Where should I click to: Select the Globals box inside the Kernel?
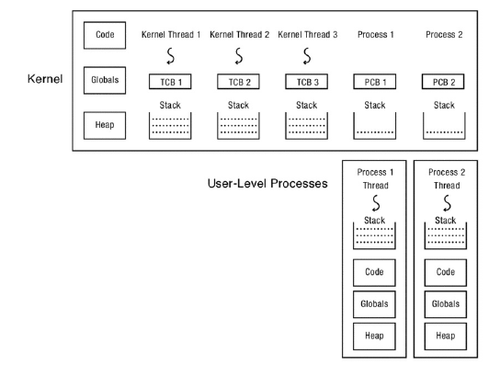pyautogui.click(x=102, y=80)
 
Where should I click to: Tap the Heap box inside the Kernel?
pyautogui.click(x=102, y=123)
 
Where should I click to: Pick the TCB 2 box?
pyautogui.click(x=235, y=82)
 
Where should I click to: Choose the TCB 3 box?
pyautogui.click(x=305, y=82)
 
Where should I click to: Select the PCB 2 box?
pyautogui.click(x=443, y=82)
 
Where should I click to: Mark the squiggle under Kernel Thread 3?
pyautogui.click(x=305, y=61)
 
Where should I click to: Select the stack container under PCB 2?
pyautogui.click(x=443, y=126)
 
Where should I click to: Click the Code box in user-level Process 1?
pyautogui.click(x=373, y=273)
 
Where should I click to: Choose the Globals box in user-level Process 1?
pyautogui.click(x=373, y=304)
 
